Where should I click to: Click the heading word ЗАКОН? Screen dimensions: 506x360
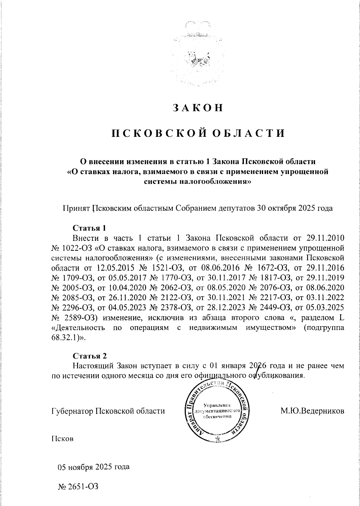pyautogui.click(x=198, y=108)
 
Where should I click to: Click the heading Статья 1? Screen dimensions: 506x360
pyautogui.click(x=90, y=228)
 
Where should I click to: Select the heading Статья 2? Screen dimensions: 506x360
pyautogui.click(x=90, y=356)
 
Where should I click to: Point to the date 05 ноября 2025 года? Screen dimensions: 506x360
pyautogui.click(x=94, y=467)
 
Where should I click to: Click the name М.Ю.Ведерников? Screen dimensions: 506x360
pyautogui.click(x=312, y=411)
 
